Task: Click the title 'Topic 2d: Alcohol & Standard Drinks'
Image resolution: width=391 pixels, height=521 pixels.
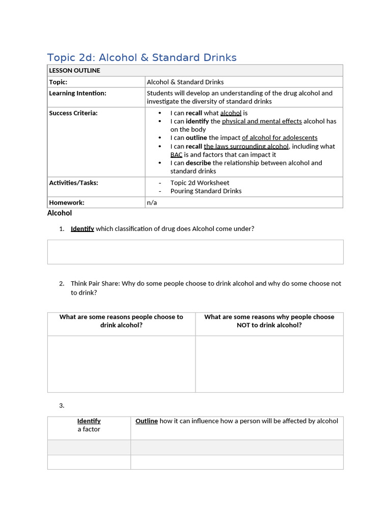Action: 142,57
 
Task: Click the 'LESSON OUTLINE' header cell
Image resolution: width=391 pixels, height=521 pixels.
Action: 74,71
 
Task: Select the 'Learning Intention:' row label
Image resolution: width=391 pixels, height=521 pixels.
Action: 77,93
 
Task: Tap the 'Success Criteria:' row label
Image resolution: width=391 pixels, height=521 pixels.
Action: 73,113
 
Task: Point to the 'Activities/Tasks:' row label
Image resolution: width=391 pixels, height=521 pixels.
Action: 73,183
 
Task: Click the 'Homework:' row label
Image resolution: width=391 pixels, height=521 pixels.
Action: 66,202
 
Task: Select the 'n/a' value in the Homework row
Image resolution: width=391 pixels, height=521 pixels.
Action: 152,202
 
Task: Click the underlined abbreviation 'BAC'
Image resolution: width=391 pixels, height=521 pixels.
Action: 176,155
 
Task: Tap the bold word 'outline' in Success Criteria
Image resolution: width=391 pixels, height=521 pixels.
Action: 196,138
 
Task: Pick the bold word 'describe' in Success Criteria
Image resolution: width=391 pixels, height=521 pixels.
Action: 198,163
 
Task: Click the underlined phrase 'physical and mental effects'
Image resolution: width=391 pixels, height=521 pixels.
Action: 262,121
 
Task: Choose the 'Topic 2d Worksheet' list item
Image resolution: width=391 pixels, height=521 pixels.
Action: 200,183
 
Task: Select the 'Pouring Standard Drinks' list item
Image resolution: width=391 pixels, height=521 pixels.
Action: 206,191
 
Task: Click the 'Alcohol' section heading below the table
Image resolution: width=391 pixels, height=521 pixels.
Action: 60,213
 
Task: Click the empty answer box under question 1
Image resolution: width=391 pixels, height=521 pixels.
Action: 195,252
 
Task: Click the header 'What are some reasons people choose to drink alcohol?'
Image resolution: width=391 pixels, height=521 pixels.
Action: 121,321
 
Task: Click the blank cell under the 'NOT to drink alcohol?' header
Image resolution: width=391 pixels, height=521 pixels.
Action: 269,364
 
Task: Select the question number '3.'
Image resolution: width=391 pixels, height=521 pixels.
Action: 62,406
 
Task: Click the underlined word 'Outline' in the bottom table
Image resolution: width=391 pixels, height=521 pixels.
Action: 147,421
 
